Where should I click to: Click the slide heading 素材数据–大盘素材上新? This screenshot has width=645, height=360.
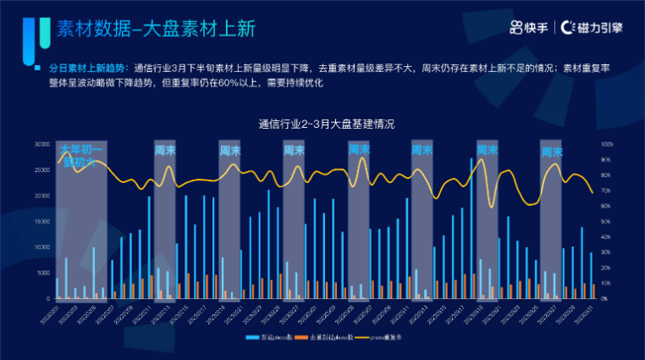156,28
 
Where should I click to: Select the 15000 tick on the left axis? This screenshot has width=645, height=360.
41,221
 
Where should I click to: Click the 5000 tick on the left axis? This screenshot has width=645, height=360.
43,273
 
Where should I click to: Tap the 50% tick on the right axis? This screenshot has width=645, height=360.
606,221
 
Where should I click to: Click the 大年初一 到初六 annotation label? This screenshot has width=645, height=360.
81,156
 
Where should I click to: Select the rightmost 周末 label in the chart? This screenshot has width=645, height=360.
553,152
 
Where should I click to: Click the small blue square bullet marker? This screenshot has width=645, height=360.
37,67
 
